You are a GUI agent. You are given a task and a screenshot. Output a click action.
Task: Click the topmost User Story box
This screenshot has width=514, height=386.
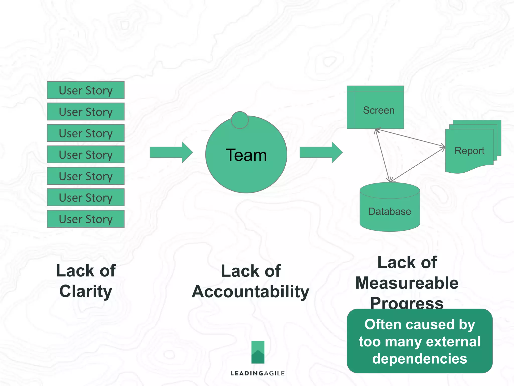pos(86,90)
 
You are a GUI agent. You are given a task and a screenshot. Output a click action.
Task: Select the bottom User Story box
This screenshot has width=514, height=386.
pos(86,219)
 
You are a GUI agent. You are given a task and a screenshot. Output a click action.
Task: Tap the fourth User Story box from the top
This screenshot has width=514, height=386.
pos(86,155)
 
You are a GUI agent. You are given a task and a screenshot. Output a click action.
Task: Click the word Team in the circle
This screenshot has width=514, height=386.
pos(246,155)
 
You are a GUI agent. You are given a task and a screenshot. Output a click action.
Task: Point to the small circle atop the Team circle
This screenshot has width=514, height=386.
pos(240,120)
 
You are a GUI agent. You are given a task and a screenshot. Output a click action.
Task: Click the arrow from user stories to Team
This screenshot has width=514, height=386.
pos(171,152)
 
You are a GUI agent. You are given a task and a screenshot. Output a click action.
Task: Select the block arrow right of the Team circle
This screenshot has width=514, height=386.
pos(321,152)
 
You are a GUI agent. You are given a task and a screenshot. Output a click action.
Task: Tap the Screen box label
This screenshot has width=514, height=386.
pos(378,110)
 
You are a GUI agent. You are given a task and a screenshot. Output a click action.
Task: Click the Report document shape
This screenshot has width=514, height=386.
pos(469,151)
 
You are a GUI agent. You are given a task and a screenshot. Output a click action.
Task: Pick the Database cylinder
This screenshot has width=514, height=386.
pos(390,211)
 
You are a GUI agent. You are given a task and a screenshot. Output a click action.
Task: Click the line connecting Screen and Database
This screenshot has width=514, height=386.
pos(382,155)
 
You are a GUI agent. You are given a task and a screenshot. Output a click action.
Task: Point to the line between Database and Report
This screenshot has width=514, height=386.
pos(418,164)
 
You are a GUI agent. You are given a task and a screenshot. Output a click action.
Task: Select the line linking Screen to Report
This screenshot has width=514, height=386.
pos(410,138)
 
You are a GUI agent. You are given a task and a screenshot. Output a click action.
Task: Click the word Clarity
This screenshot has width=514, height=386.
pos(86,292)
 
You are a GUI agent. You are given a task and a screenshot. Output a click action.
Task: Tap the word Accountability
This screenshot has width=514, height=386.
pos(250,292)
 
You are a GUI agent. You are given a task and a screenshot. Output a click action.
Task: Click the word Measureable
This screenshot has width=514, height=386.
pos(407,283)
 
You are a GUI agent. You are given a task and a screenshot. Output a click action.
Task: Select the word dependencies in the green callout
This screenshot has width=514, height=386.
pos(419,359)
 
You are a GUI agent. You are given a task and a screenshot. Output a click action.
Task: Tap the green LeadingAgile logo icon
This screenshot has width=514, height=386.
pos(258,352)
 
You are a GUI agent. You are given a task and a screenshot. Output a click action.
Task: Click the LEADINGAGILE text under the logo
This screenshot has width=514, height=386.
pos(258,373)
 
